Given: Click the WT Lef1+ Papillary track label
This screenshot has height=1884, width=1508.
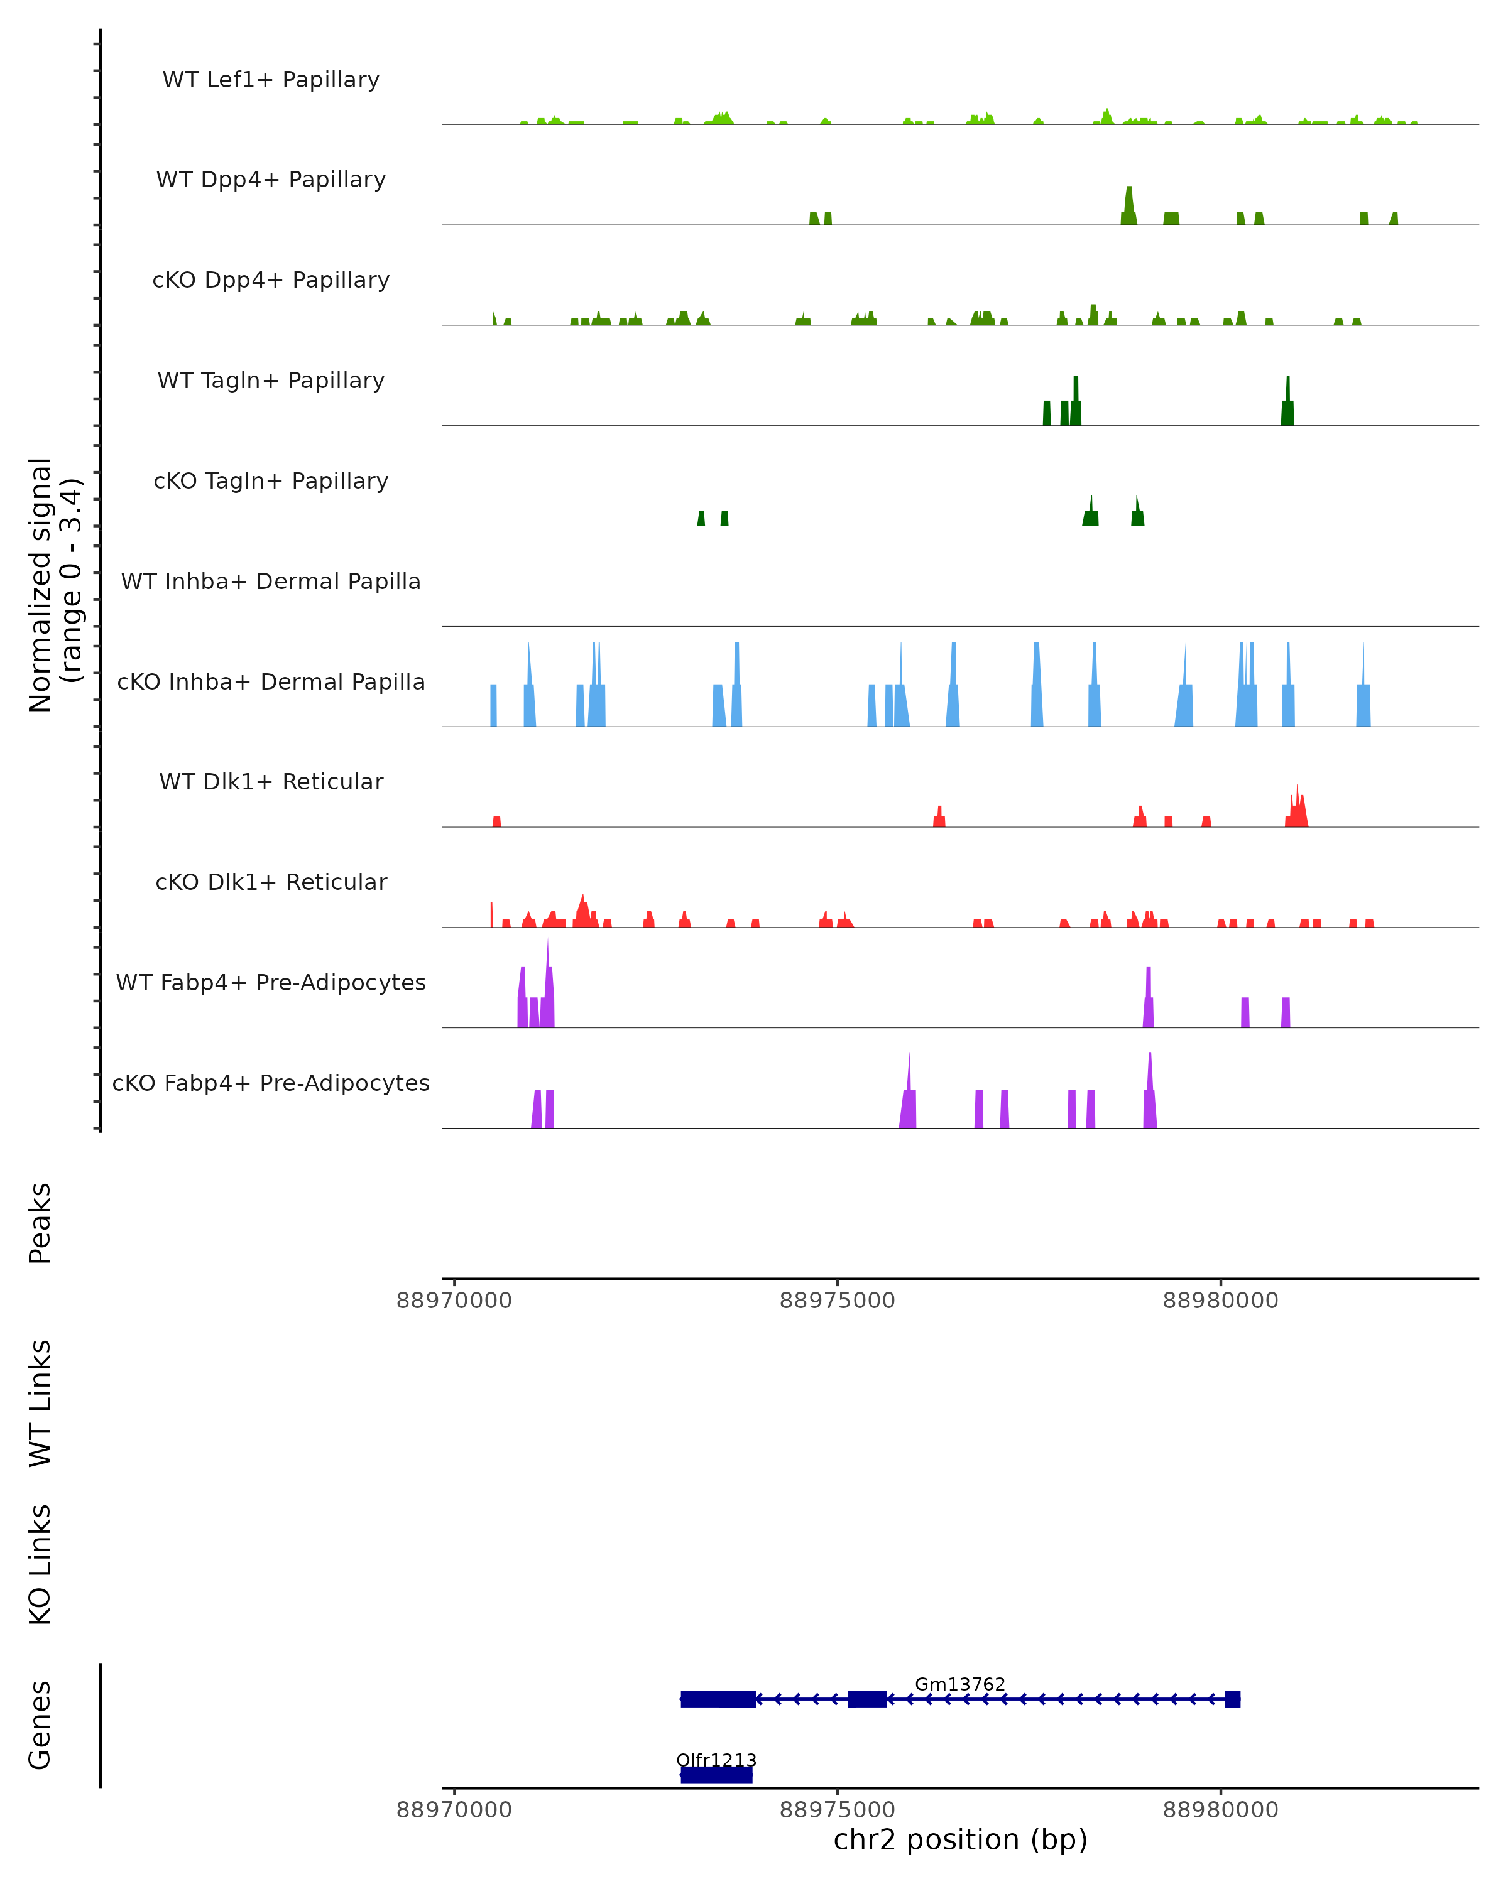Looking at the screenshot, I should tap(271, 80).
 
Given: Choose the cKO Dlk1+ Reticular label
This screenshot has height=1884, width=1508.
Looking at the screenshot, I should tap(271, 882).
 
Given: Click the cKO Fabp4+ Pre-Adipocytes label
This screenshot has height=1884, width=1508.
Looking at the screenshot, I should tap(271, 1083).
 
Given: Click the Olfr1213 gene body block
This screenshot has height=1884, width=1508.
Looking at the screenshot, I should tap(716, 1775).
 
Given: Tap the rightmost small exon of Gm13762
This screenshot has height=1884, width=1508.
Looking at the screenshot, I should tap(1233, 1699).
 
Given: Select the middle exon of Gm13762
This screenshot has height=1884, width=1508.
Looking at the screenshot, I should tap(867, 1699).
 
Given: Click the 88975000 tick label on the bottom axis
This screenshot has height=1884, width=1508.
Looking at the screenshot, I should tap(838, 1810).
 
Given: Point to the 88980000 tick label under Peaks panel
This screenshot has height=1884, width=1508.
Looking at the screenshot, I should tap(1220, 1301).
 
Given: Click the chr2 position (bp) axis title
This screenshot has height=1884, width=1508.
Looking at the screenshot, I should tap(960, 1839).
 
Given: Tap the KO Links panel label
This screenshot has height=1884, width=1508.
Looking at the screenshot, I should tap(40, 1564).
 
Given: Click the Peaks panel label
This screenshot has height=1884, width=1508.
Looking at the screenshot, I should tap(40, 1223).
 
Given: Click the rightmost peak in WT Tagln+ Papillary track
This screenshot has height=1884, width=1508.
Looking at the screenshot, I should tap(1287, 402).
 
